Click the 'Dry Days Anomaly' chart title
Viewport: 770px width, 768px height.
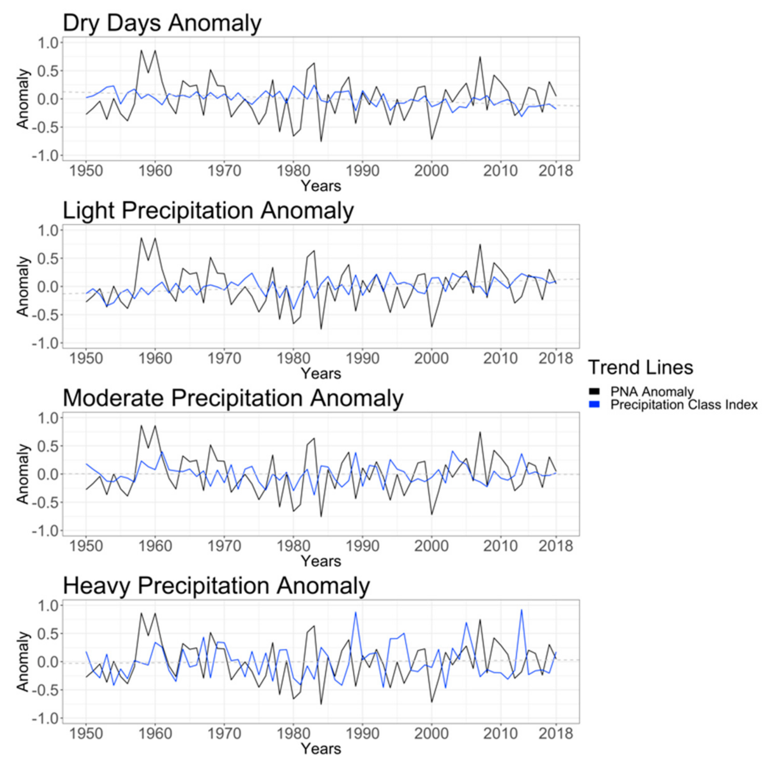(x=162, y=23)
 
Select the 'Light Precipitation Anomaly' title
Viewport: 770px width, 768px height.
(x=208, y=211)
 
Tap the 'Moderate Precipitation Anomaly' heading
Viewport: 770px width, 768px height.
(x=233, y=398)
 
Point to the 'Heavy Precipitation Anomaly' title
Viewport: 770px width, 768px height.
(x=216, y=586)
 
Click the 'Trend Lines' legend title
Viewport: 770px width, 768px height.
(x=640, y=367)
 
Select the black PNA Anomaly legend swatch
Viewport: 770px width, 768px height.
(x=594, y=392)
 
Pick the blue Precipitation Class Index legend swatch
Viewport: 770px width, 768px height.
(x=594, y=405)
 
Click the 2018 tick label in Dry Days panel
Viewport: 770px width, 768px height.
(x=556, y=171)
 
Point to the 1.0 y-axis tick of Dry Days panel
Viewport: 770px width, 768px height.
(x=48, y=43)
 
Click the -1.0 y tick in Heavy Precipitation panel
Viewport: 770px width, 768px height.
(x=45, y=718)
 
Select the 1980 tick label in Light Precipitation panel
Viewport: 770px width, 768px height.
(x=293, y=358)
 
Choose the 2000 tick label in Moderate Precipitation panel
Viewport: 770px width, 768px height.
(x=431, y=546)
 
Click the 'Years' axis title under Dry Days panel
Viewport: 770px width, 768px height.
(x=321, y=186)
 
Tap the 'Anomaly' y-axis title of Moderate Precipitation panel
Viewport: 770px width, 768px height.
(x=23, y=474)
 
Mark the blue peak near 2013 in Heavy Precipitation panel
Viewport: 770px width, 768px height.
(x=521, y=610)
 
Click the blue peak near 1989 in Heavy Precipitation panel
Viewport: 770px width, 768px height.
(x=356, y=612)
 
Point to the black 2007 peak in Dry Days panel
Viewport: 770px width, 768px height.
(x=480, y=57)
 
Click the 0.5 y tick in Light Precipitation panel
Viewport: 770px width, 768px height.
(x=48, y=258)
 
